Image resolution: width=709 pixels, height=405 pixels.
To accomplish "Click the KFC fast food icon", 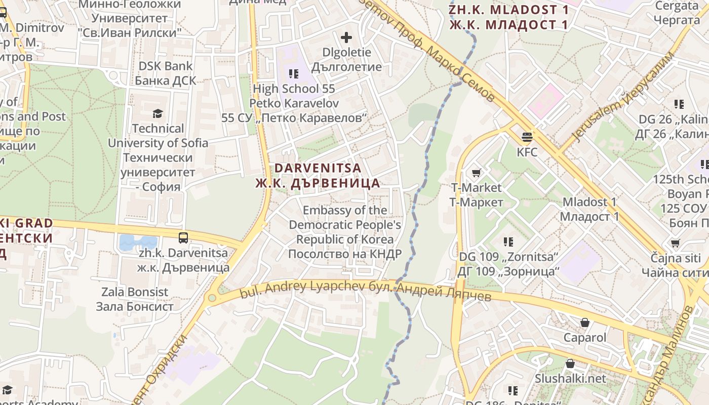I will coord(527,137).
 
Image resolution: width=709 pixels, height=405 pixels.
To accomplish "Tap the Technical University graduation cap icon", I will coord(158,113).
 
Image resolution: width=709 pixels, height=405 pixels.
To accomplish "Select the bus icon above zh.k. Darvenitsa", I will coord(183,237).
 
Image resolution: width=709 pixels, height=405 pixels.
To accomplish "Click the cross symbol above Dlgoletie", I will coord(346,37).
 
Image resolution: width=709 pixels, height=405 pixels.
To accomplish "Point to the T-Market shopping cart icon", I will coord(476,173).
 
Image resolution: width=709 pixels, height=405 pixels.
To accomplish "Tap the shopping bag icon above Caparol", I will coord(585,322).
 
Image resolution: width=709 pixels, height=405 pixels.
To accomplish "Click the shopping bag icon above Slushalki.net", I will coord(570,363).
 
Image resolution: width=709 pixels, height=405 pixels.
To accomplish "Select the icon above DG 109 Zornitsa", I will coord(508,242).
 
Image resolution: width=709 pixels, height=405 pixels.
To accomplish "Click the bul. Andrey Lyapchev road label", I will coord(365,290).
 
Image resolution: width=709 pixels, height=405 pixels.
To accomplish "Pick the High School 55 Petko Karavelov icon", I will coord(294,74).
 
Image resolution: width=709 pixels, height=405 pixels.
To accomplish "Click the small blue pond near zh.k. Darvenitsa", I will coord(138,242).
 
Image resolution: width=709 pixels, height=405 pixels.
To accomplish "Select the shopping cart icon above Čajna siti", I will coord(675,244).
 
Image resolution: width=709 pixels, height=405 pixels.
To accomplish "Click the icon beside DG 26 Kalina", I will coord(679,104).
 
